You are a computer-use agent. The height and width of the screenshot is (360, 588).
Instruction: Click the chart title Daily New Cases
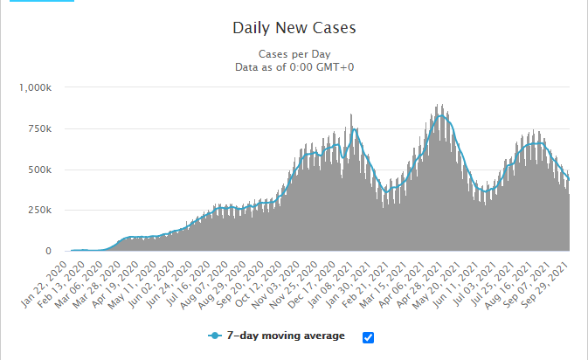[294, 27]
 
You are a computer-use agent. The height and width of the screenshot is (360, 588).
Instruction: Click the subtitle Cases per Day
[294, 53]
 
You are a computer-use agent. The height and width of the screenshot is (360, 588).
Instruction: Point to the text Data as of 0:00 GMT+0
[294, 67]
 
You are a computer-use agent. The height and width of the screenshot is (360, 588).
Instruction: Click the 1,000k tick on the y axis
[37, 87]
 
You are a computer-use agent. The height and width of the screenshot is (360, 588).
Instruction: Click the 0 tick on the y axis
[53, 252]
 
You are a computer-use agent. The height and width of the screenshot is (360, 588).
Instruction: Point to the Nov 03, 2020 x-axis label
[281, 279]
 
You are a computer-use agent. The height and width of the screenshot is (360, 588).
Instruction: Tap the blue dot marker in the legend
[213, 336]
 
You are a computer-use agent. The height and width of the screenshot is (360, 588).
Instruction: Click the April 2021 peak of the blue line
[441, 114]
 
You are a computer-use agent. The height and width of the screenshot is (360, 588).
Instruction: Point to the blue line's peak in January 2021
[355, 129]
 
